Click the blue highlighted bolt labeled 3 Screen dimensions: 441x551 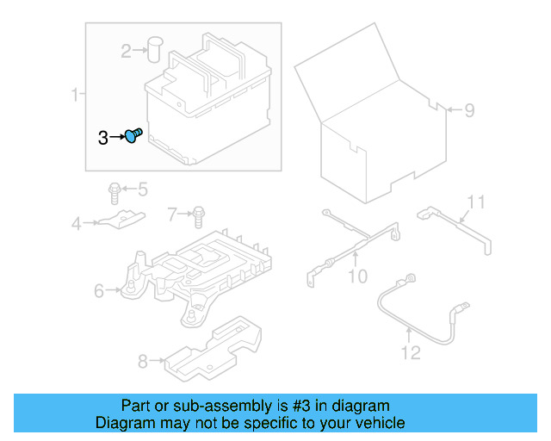click(x=133, y=136)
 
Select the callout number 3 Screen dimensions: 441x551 click(x=102, y=137)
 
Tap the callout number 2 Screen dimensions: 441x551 click(x=127, y=52)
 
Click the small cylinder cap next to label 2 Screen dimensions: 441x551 click(x=156, y=48)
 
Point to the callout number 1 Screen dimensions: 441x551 click(x=75, y=94)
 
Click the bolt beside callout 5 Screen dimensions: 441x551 click(x=115, y=189)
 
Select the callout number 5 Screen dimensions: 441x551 click(x=142, y=189)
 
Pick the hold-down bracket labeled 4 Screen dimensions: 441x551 click(x=121, y=220)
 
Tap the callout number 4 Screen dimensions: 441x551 click(x=77, y=224)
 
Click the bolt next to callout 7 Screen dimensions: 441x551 click(x=199, y=212)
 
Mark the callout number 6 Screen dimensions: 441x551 click(x=99, y=292)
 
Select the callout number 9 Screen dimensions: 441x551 click(x=469, y=109)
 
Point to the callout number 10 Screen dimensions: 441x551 click(x=356, y=276)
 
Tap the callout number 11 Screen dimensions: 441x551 click(x=476, y=202)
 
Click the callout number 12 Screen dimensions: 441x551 click(x=410, y=351)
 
